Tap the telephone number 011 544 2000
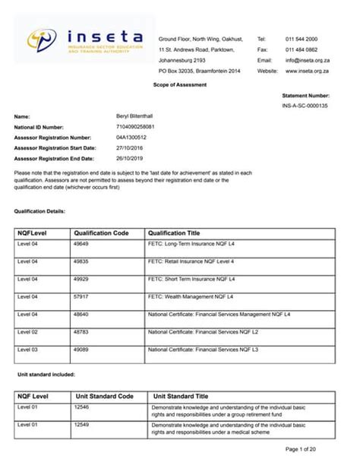point(302,38)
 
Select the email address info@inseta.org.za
point(306,59)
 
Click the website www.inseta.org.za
point(307,71)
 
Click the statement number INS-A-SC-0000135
point(305,106)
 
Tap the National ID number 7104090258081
point(134,127)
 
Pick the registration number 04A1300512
point(131,138)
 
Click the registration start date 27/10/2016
point(130,147)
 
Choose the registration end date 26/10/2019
point(130,158)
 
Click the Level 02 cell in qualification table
point(28,331)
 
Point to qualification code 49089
point(82,350)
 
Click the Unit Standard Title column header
point(181,396)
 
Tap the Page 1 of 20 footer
point(323,449)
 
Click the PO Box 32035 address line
point(199,71)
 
